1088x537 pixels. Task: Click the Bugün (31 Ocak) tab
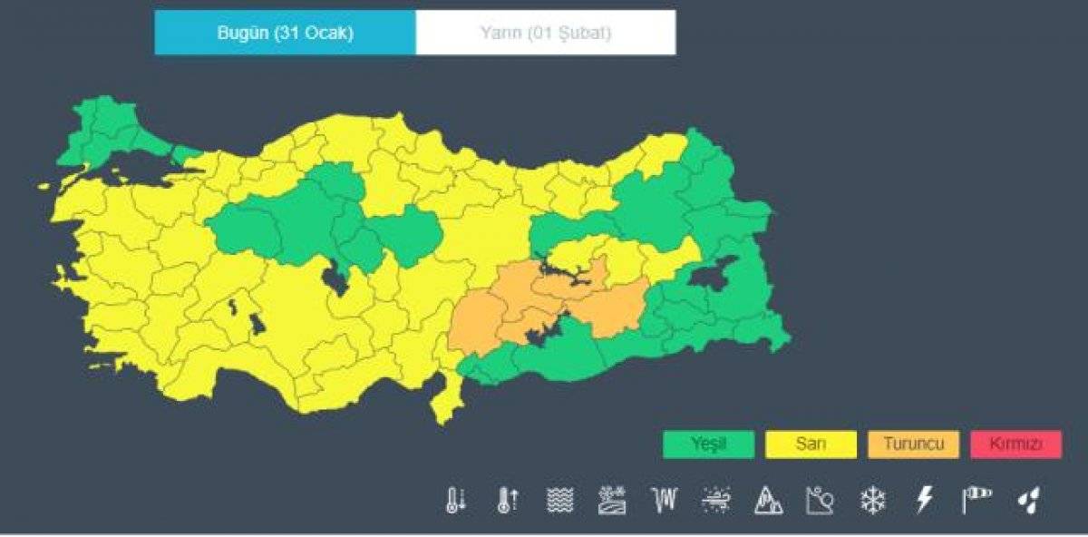285,34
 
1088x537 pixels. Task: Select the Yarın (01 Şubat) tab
545,34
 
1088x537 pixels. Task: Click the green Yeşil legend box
708,444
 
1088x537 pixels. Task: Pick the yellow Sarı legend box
811,444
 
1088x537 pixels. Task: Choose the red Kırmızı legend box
1015,444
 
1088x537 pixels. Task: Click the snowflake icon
872,500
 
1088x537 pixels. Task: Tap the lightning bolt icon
925,500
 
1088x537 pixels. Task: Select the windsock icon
976,499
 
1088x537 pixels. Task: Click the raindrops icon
1029,500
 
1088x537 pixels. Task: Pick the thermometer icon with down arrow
455,500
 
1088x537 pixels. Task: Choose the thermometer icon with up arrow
507,500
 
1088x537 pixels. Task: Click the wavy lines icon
559,500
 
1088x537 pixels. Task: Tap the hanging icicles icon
664,500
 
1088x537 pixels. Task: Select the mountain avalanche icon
768,500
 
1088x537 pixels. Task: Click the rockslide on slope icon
820,500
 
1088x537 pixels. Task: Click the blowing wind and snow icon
716,500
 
